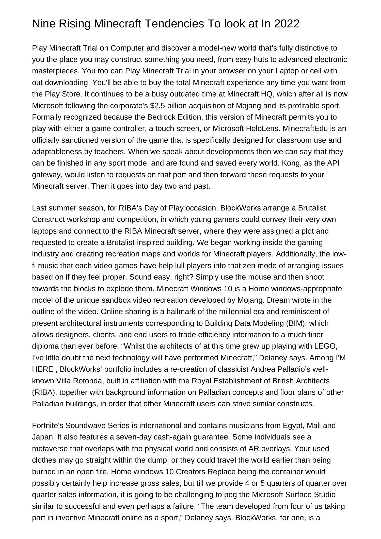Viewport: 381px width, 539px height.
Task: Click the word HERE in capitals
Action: pos(42,369)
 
